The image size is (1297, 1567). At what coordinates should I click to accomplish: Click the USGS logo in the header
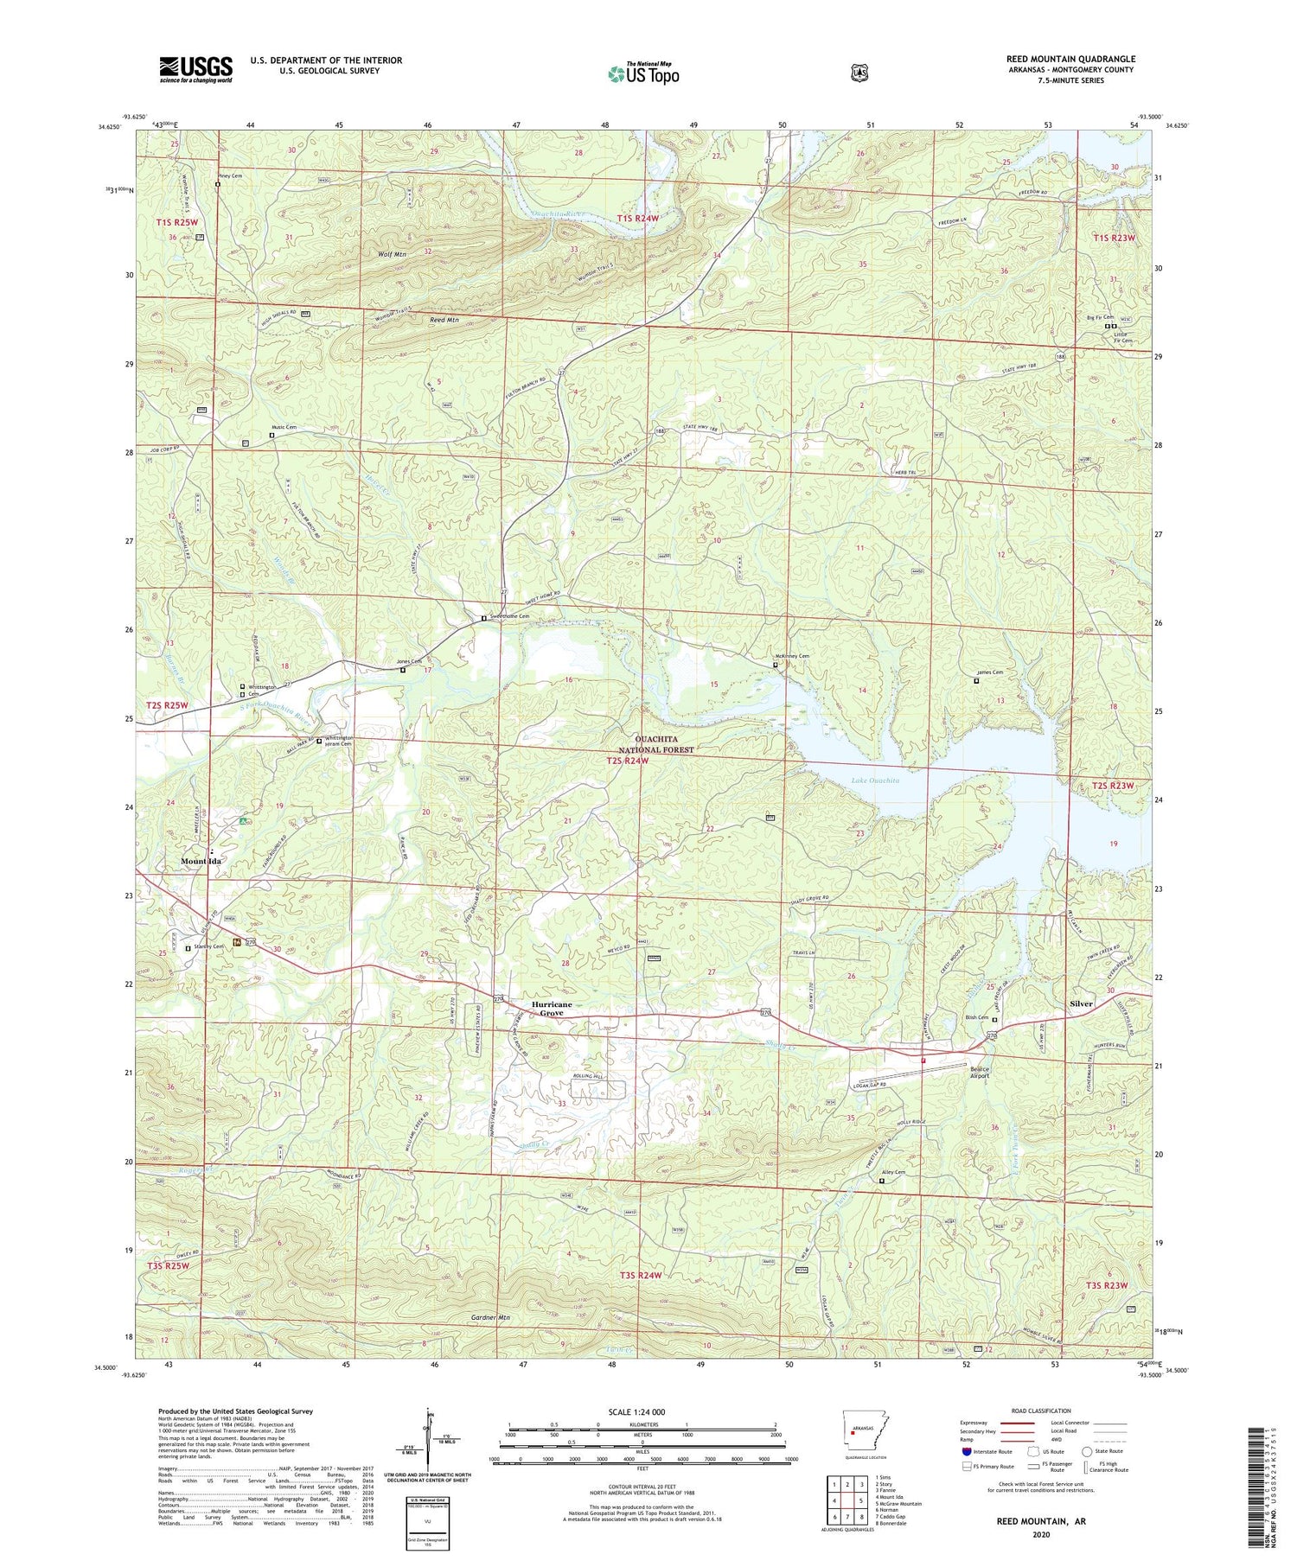click(x=195, y=69)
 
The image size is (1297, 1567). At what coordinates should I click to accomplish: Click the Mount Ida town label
click(x=201, y=862)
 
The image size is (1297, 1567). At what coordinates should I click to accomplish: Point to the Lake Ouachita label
click(x=875, y=780)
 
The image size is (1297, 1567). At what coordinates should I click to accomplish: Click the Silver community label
click(x=1081, y=1003)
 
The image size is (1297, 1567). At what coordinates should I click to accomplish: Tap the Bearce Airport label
click(x=979, y=1072)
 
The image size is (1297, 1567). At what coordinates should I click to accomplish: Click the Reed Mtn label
click(x=444, y=320)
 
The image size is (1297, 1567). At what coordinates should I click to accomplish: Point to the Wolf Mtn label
click(x=392, y=255)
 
